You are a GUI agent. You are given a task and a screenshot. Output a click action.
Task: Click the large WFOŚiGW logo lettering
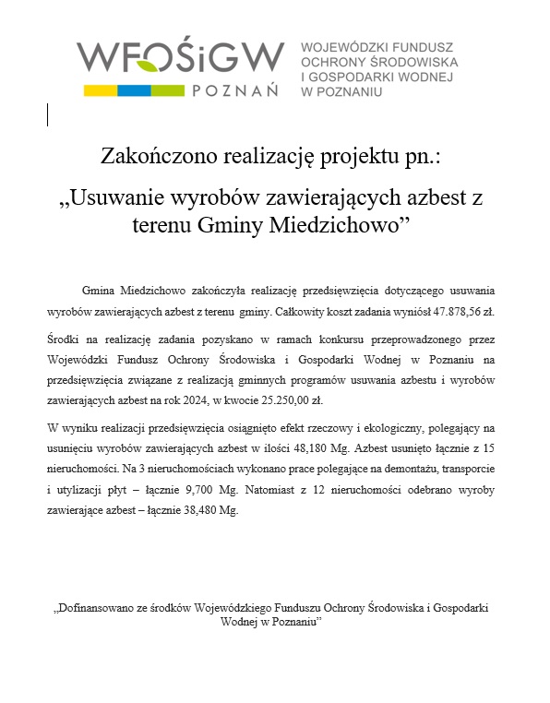[x=180, y=58]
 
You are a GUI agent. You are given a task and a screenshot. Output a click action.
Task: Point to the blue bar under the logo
[x=133, y=90]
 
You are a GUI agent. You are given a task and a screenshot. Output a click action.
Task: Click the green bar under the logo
[x=166, y=90]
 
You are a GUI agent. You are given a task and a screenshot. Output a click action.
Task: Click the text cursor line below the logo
[x=48, y=114]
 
